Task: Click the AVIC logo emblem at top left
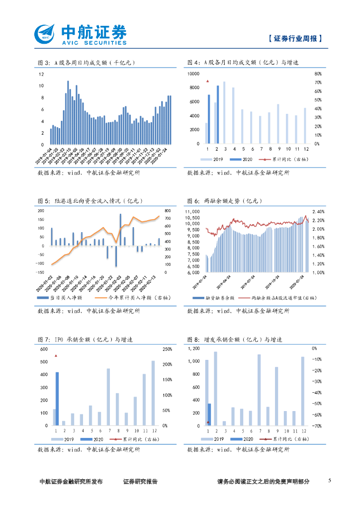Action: (x=46, y=34)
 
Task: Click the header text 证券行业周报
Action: (x=293, y=38)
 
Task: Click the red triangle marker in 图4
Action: (x=208, y=81)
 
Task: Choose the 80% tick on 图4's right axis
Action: (x=318, y=74)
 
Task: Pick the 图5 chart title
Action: (x=90, y=201)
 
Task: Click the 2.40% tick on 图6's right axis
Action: (x=318, y=211)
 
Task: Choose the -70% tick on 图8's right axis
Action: (x=316, y=426)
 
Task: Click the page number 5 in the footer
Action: (x=330, y=481)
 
